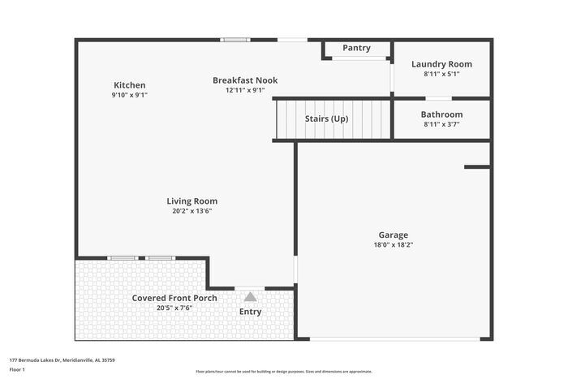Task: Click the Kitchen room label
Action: pyautogui.click(x=129, y=85)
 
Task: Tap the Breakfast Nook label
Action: pyautogui.click(x=245, y=80)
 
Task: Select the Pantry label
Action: pyautogui.click(x=356, y=48)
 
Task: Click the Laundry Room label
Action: pyautogui.click(x=441, y=64)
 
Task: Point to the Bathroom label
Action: pyautogui.click(x=441, y=114)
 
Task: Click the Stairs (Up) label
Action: pyautogui.click(x=326, y=118)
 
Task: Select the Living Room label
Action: pyautogui.click(x=191, y=201)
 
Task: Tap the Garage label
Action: pyautogui.click(x=393, y=235)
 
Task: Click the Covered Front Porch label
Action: pyautogui.click(x=174, y=298)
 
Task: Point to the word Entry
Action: pyautogui.click(x=251, y=312)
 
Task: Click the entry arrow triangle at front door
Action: pyautogui.click(x=250, y=297)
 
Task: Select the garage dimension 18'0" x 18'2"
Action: pyautogui.click(x=393, y=244)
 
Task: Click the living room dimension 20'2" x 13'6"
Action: pyautogui.click(x=191, y=211)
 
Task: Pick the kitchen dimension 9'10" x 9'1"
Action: pyautogui.click(x=129, y=95)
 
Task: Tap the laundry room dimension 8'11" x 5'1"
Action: pyautogui.click(x=441, y=74)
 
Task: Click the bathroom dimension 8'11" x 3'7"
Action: pyautogui.click(x=441, y=124)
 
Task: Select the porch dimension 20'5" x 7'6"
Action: pyautogui.click(x=174, y=308)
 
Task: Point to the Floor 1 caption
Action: pyautogui.click(x=17, y=369)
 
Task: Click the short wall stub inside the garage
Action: pyautogui.click(x=477, y=167)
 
